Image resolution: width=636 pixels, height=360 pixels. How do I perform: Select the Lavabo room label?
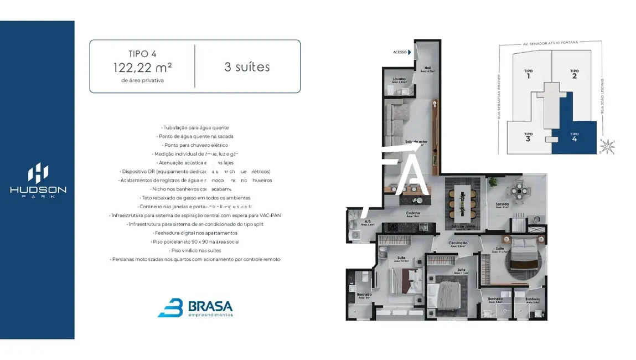(400, 80)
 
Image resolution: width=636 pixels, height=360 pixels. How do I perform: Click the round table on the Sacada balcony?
(519, 192)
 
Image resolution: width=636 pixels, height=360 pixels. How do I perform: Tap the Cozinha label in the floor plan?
(412, 214)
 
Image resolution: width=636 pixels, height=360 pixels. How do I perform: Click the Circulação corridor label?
(458, 243)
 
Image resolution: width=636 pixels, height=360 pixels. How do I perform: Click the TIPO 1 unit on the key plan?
(528, 73)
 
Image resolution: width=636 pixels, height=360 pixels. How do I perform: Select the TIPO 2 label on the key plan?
(574, 73)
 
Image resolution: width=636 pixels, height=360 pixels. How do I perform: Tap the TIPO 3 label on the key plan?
(528, 136)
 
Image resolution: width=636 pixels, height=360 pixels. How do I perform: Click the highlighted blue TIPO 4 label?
(574, 136)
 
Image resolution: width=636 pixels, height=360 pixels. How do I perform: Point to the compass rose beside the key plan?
(607, 146)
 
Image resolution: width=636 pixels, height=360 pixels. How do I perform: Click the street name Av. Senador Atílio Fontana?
(550, 43)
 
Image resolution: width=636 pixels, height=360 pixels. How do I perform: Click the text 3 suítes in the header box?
(247, 67)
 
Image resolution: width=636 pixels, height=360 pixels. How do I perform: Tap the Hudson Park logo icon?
(38, 173)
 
